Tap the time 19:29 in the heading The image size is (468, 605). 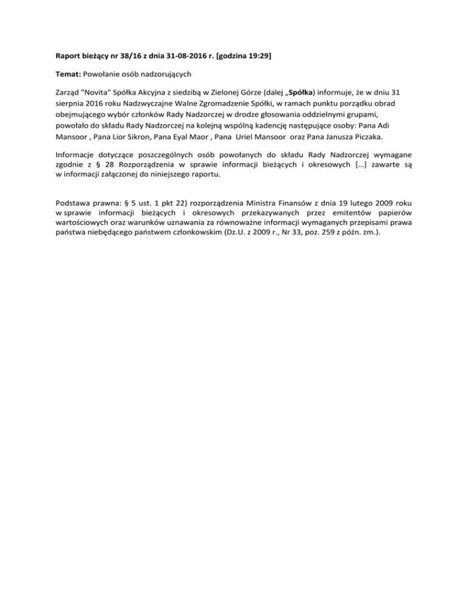(258, 57)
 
